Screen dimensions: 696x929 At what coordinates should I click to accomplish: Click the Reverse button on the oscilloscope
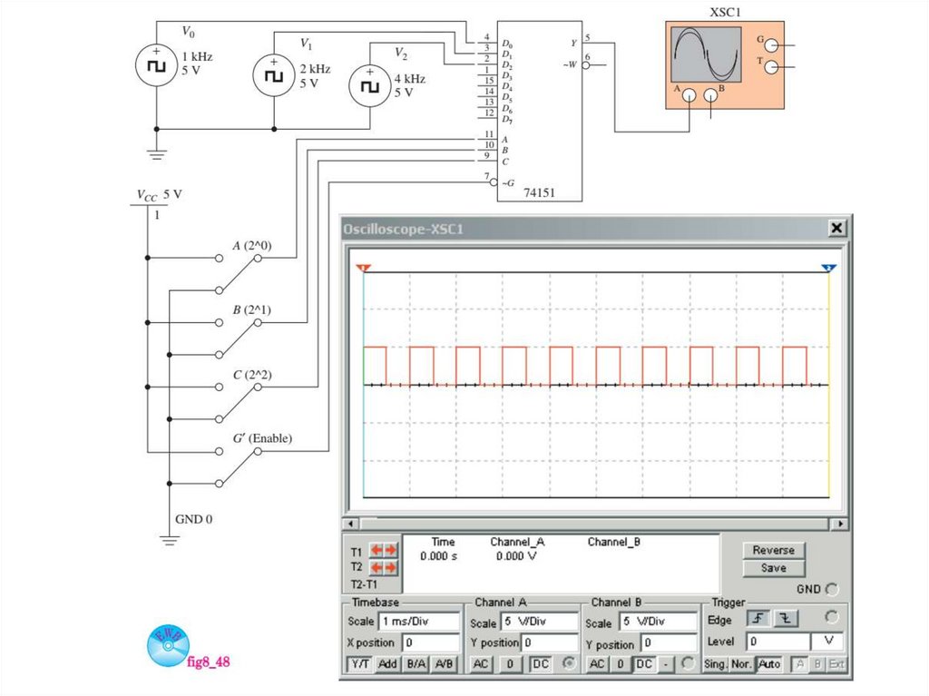click(773, 550)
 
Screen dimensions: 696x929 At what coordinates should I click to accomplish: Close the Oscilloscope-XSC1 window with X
click(836, 229)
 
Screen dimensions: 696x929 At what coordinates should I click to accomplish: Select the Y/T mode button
click(360, 664)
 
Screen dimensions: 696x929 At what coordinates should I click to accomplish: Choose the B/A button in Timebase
click(416, 664)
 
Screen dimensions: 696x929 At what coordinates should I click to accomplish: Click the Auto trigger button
click(769, 664)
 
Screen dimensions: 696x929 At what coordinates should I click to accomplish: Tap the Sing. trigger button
click(716, 664)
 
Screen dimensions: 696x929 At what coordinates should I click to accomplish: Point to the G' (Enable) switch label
click(262, 437)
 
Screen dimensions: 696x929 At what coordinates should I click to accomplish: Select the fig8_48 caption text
click(208, 662)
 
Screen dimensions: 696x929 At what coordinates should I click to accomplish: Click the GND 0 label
click(193, 519)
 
